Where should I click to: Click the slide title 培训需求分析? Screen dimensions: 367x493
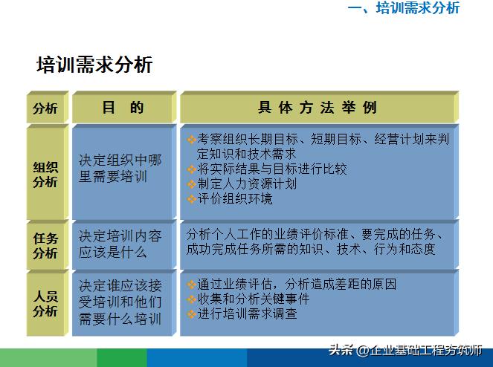[x=94, y=65]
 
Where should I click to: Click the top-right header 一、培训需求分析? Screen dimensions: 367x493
[x=404, y=8]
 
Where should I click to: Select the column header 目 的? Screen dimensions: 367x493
[x=123, y=108]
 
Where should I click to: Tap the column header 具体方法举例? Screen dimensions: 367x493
[x=318, y=108]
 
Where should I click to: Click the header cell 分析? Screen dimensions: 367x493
[x=45, y=108]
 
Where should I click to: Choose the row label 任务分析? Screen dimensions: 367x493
[x=45, y=245]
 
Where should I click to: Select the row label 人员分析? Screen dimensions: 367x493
[x=45, y=304]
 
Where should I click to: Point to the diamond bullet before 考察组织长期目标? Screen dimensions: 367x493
[x=191, y=139]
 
